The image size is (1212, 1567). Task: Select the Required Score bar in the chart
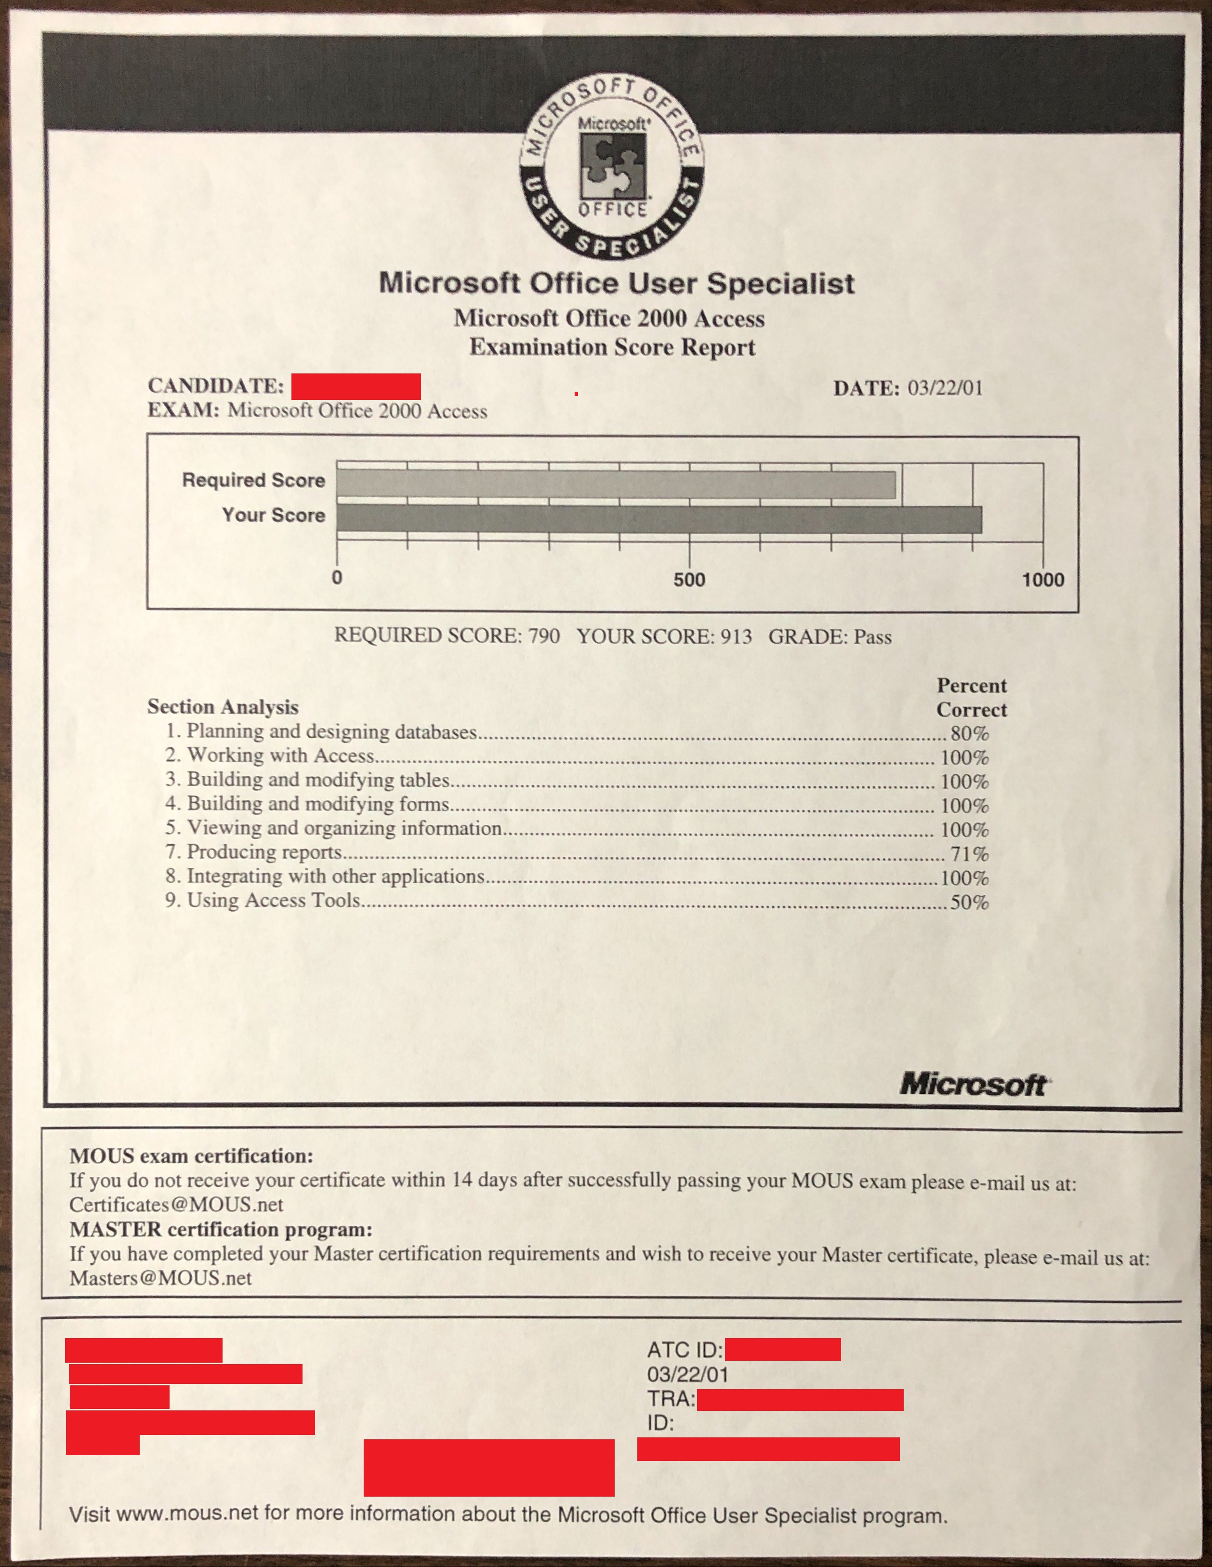[x=615, y=484]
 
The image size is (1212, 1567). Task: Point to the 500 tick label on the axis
[x=689, y=580]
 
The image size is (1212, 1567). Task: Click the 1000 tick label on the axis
[x=1043, y=580]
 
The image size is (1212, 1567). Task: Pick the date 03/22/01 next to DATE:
[x=945, y=388]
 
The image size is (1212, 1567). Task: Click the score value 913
[x=736, y=637]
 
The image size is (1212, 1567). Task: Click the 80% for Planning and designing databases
[x=970, y=733]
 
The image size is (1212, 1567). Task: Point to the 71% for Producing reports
[x=970, y=854]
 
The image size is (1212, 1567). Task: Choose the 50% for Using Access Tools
[x=970, y=902]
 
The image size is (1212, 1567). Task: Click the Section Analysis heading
[x=223, y=707]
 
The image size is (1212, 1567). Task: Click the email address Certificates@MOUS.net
[x=176, y=1205]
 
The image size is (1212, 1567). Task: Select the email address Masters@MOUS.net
[x=160, y=1278]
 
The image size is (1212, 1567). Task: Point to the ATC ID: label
[x=684, y=1350]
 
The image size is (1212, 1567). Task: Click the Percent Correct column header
[x=972, y=697]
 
